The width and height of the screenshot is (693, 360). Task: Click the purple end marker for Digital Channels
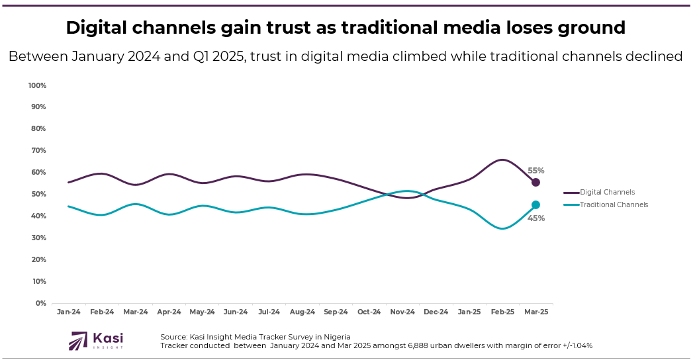click(535, 182)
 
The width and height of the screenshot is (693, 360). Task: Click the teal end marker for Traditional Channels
click(535, 205)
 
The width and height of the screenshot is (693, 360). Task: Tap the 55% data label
click(536, 171)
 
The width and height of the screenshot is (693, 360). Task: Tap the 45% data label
click(536, 218)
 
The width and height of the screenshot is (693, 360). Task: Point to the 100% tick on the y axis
click(37, 85)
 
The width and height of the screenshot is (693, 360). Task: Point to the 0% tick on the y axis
click(40, 303)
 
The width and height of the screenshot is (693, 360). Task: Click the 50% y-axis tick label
click(38, 195)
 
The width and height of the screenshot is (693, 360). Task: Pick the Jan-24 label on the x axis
click(68, 312)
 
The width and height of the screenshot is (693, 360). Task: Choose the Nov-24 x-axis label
click(402, 312)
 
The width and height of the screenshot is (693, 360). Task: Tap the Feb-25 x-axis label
click(502, 312)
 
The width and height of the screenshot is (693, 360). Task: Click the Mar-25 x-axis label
click(535, 312)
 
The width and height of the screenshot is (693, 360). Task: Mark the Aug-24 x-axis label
click(302, 312)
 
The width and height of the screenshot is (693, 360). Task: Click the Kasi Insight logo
click(97, 341)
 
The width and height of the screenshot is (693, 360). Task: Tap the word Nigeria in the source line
click(335, 337)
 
